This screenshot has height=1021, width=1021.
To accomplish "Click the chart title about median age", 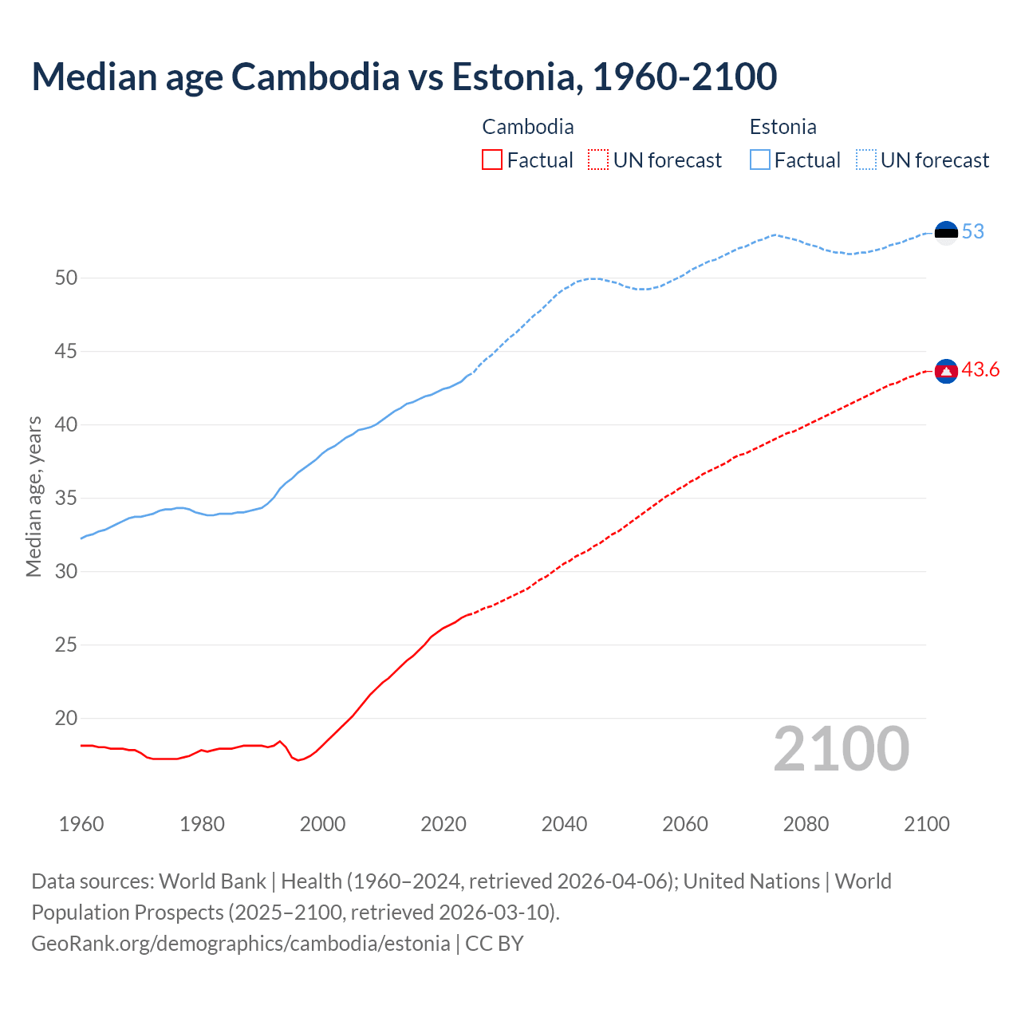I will [x=404, y=77].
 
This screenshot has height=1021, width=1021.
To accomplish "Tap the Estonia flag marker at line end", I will [x=946, y=232].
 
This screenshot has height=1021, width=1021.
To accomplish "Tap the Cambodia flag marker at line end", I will [x=946, y=371].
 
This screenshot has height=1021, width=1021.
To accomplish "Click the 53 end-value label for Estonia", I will [x=972, y=232].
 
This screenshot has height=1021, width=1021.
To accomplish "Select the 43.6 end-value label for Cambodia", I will [x=980, y=370].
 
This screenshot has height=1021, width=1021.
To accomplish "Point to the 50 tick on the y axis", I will [x=66, y=278].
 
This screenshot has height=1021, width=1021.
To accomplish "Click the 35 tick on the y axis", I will [x=66, y=499].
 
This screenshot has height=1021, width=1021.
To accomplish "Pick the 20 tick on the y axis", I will [x=66, y=719].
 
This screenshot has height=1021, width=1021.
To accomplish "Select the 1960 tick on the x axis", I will [x=81, y=824].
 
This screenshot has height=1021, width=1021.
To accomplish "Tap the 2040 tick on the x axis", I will [x=564, y=824].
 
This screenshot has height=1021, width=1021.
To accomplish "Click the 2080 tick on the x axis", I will [x=806, y=824].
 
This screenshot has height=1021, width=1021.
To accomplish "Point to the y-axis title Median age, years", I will [x=34, y=496].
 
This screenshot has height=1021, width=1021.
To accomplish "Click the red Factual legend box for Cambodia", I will [x=492, y=160].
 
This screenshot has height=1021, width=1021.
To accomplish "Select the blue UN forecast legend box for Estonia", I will [x=866, y=160].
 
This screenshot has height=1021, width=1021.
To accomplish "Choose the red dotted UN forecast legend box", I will [x=598, y=160].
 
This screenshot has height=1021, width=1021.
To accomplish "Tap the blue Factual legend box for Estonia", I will [x=760, y=160].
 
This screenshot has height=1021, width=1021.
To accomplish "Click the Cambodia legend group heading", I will [x=528, y=127].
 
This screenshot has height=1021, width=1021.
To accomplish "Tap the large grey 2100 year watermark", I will [x=841, y=749].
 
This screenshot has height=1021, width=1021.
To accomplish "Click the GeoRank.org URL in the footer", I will [x=240, y=944].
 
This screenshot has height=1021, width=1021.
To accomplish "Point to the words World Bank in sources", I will [x=212, y=881].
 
